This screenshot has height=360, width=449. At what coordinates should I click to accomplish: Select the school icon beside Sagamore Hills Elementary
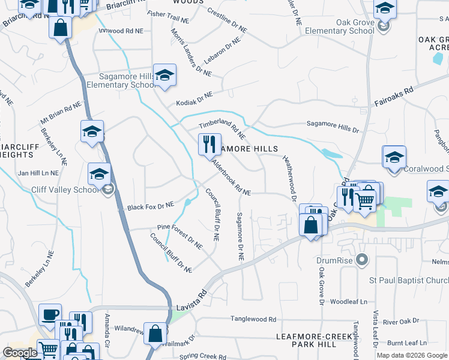(x=164, y=76)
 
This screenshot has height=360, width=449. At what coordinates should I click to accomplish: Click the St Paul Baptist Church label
(x=408, y=280)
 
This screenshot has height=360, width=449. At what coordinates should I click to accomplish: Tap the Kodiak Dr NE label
(x=194, y=99)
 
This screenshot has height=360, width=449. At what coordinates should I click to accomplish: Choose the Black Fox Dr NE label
(x=150, y=206)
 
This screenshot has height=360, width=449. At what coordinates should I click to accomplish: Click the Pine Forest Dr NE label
(x=179, y=235)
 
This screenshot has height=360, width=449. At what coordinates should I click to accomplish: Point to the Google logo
(x=20, y=353)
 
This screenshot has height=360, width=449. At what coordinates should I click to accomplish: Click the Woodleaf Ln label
(x=349, y=302)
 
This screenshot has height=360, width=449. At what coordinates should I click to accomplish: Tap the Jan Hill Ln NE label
(x=38, y=173)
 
